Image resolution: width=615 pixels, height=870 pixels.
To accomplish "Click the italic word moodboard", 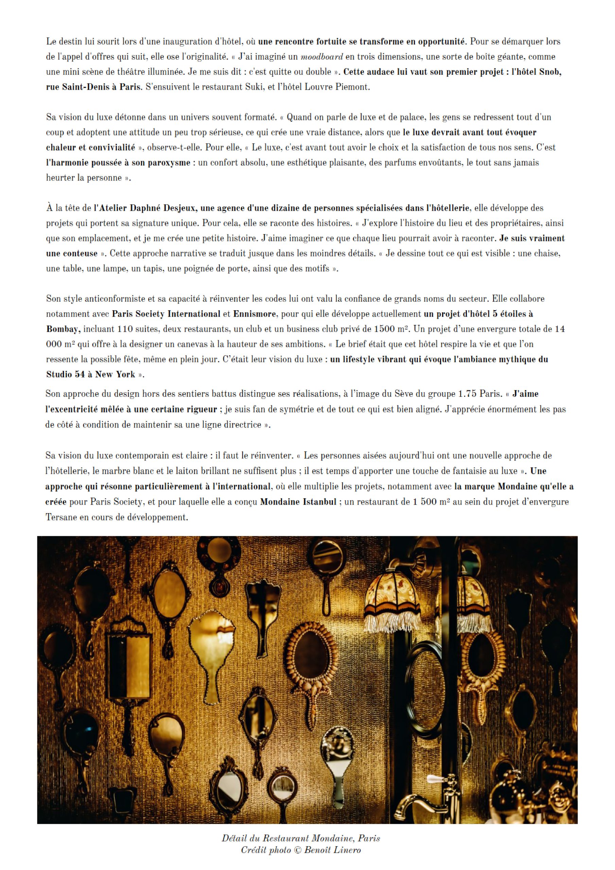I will pos(321,57).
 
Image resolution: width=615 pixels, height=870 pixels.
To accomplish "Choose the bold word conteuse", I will pos(72,254).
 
